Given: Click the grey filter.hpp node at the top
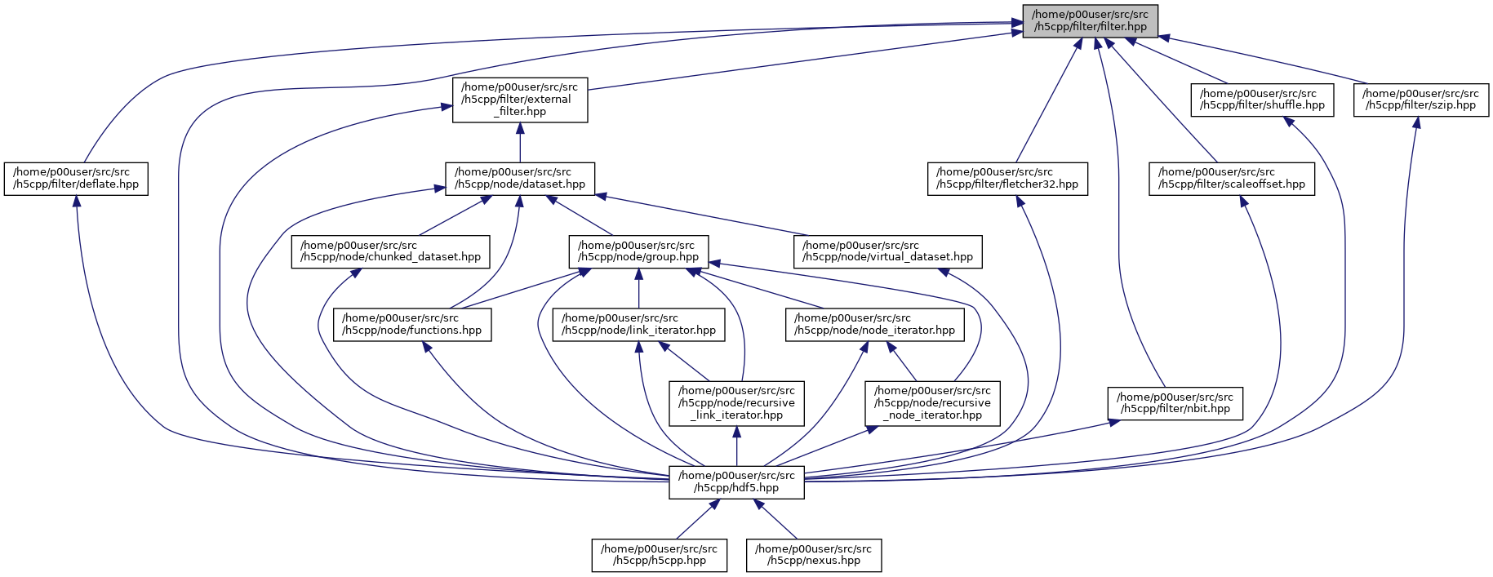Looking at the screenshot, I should click(x=1090, y=20).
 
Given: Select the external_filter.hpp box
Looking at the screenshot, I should click(x=520, y=100).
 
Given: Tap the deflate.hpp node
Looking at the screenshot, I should click(x=76, y=179).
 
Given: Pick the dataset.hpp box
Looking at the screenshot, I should click(x=520, y=179).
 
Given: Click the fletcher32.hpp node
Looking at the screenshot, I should click(x=1007, y=179).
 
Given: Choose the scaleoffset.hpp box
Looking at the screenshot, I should click(x=1232, y=179).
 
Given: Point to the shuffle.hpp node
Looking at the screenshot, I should click(x=1262, y=100).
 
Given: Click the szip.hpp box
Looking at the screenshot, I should click(x=1421, y=100).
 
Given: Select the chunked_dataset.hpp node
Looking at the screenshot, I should click(x=391, y=251).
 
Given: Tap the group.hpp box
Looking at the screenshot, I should click(x=638, y=251).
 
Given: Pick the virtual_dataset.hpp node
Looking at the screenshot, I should click(x=888, y=251).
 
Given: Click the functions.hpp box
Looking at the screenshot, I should click(x=412, y=324).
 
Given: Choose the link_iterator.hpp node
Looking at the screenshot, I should click(x=638, y=324).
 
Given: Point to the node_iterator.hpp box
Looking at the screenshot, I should click(x=874, y=324).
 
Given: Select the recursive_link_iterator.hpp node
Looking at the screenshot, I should click(x=736, y=403).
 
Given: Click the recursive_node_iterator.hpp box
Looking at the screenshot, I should click(x=932, y=403).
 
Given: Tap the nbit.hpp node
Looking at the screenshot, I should click(x=1175, y=403).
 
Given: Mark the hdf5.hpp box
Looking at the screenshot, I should click(x=736, y=482).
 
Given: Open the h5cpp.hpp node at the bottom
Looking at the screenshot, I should click(x=660, y=555).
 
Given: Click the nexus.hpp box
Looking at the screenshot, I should click(x=814, y=555).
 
